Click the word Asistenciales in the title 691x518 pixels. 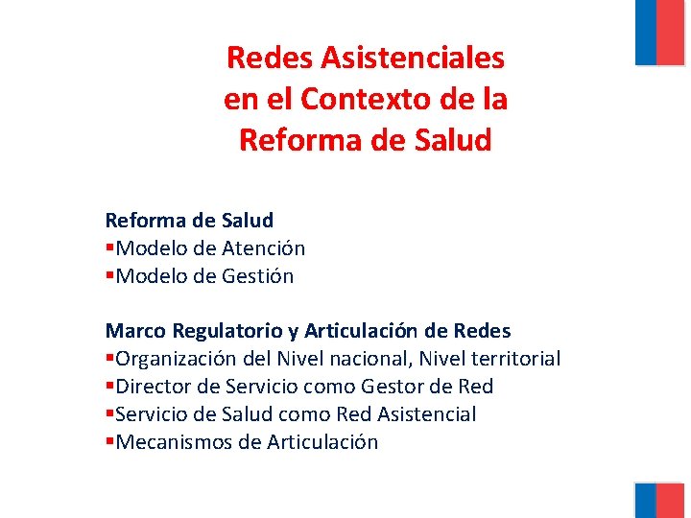tap(413, 58)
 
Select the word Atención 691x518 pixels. tap(264, 248)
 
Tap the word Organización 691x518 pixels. tap(175, 359)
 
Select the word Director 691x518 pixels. tap(150, 387)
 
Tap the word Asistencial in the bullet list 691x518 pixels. tap(427, 414)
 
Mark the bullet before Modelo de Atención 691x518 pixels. tap(109, 249)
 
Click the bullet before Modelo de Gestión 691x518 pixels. tap(109, 277)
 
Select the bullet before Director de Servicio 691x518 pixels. tap(109, 388)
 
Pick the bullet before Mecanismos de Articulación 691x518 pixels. tap(109, 443)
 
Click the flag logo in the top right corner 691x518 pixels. tap(659, 32)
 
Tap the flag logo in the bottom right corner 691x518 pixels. tap(659, 500)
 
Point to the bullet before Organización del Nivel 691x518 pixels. tap(109, 360)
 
